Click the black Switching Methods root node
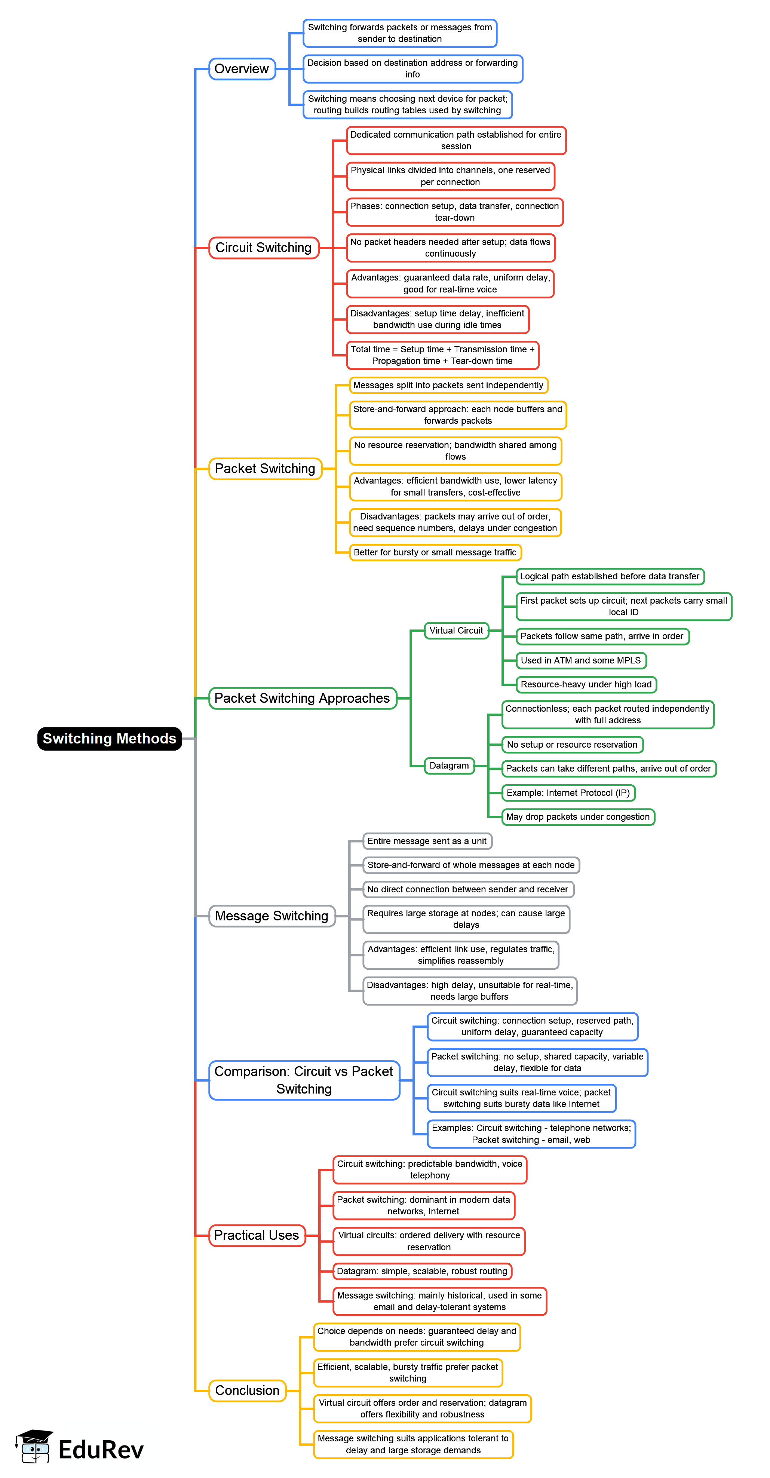pos(109,738)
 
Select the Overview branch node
pos(242,69)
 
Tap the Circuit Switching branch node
pos(263,248)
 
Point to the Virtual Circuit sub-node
pos(456,631)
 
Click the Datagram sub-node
pos(449,766)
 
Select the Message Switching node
pos(272,916)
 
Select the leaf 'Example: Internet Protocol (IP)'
pos(568,793)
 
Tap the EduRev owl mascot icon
pos(34,1447)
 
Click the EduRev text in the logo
pos(101,1450)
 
